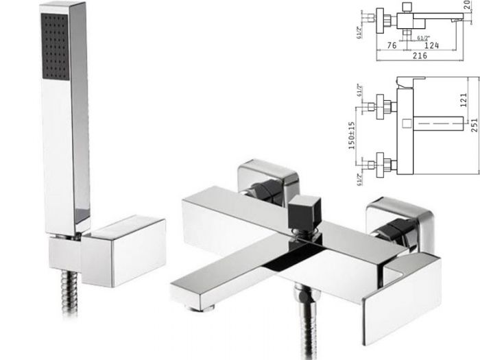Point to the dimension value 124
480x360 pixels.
point(432,46)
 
